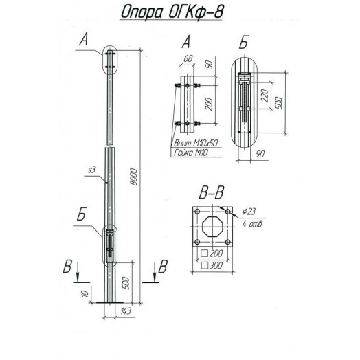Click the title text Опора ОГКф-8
click(172, 12)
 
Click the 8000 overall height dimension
click(133, 177)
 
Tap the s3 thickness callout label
click(91, 170)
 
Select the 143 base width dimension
click(126, 311)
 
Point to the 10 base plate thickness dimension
click(85, 293)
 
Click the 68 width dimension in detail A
click(188, 59)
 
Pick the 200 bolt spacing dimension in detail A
click(209, 104)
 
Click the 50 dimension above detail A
click(210, 65)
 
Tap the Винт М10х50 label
click(195, 143)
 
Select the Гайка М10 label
click(190, 153)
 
